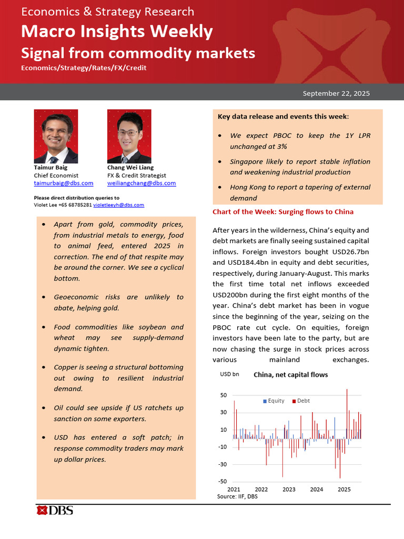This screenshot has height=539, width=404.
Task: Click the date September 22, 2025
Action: click(336, 94)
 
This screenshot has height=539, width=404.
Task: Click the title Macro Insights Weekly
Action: click(117, 32)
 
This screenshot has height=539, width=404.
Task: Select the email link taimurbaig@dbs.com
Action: click(64, 183)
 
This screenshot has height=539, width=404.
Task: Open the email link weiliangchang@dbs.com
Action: click(142, 183)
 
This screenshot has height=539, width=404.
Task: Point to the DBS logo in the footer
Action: click(55, 510)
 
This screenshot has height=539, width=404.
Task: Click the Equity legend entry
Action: click(274, 401)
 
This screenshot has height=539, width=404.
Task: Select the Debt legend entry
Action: click(301, 401)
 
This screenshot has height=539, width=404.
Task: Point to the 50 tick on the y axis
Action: click(223, 395)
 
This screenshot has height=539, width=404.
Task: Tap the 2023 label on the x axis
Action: click(289, 490)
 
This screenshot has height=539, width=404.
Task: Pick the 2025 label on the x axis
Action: click(344, 490)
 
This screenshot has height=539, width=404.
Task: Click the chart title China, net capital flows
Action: click(290, 375)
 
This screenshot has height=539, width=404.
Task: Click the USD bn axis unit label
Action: click(229, 374)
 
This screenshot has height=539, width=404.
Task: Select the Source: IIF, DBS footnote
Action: click(237, 496)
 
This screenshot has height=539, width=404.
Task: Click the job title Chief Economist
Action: click(56, 175)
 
